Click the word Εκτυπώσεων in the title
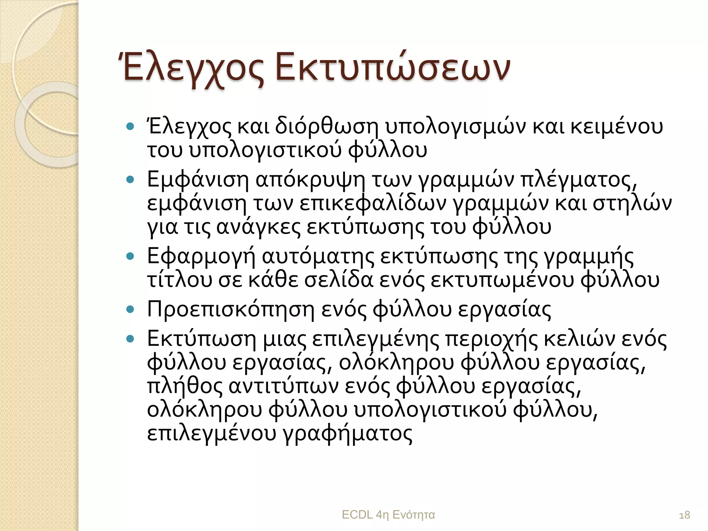pos(392,68)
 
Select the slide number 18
pos(684,515)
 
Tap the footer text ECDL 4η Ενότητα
pos(388,515)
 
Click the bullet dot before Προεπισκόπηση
pos(130,309)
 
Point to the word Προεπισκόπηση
pos(231,309)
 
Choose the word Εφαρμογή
pos(201,257)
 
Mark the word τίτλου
pos(179,280)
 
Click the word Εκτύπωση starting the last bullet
pos(201,339)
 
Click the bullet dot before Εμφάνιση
pos(130,180)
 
